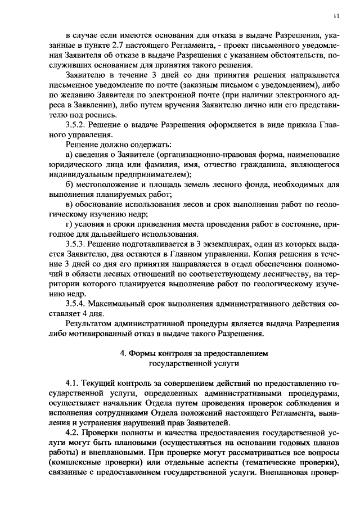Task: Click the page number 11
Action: [335, 15]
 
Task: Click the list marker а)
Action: [70, 155]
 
